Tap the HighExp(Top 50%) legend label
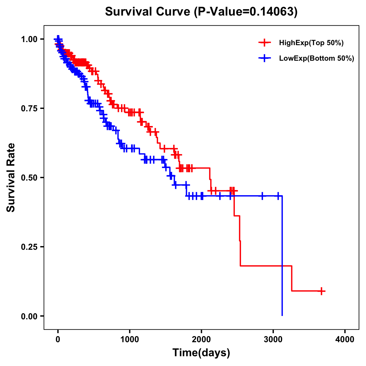(311, 43)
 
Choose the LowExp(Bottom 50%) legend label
(317, 58)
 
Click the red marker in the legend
(264, 43)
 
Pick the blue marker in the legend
(264, 58)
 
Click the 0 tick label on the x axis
(58, 339)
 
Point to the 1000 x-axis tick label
(130, 339)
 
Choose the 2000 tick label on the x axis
(201, 339)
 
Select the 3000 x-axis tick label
(273, 339)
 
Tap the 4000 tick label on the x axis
(345, 339)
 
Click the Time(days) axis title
(201, 353)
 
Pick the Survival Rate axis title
(11, 178)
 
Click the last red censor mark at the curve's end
(321, 291)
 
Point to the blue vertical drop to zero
(282, 256)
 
